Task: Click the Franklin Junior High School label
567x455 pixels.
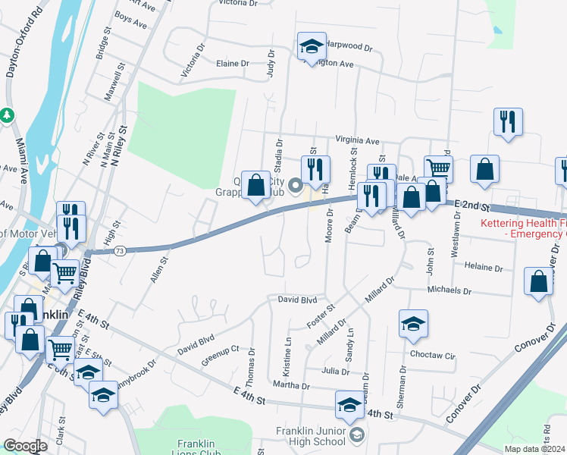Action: [311, 436]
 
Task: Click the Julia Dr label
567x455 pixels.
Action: [334, 370]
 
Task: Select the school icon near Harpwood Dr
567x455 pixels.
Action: [311, 47]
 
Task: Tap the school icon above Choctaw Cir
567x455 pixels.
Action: [413, 324]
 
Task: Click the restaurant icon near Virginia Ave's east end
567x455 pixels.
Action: [506, 122]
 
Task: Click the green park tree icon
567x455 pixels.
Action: [7, 115]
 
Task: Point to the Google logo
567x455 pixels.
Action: [25, 446]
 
